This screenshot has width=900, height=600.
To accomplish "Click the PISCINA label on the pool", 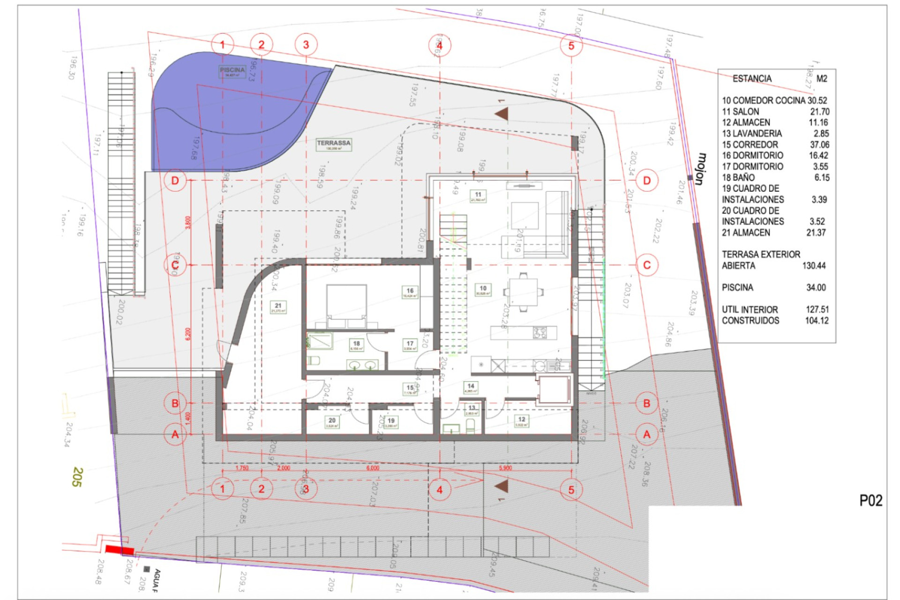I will (x=232, y=71).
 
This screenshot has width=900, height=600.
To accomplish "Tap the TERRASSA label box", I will (x=334, y=144).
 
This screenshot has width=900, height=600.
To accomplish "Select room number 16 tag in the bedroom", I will (x=410, y=292).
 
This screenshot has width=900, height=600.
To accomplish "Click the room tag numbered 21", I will (x=278, y=307).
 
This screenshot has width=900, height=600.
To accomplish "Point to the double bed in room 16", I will (x=346, y=305).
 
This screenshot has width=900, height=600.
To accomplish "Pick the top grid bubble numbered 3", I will (x=306, y=45).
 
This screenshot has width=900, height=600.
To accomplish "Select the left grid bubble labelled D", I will (x=175, y=180).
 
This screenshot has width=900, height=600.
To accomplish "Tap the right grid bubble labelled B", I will (x=647, y=403).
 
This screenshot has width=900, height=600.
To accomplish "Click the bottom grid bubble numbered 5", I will (x=571, y=490).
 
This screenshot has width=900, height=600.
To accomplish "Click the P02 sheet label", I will (x=870, y=501).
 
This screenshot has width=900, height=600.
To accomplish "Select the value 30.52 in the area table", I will (x=817, y=100).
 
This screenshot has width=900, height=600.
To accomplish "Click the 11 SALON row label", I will (x=741, y=112).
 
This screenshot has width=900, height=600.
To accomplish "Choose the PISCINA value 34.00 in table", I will (x=816, y=287).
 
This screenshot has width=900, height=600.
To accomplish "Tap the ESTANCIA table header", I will (x=752, y=79).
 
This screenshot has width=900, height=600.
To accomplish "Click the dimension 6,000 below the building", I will (x=373, y=468).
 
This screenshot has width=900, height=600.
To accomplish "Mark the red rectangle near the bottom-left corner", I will (x=120, y=550).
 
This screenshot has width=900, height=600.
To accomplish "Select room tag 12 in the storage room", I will (x=522, y=421).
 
